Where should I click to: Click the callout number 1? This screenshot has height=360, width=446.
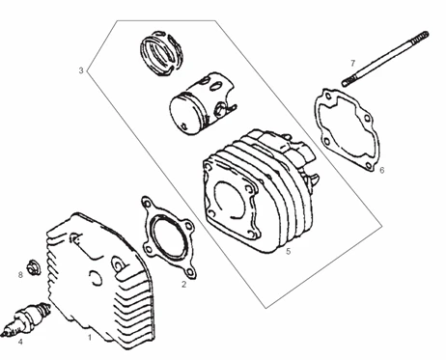click(x=90, y=338)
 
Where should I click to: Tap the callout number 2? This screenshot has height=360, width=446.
click(x=183, y=285)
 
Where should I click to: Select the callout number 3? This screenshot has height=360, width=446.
click(x=81, y=70)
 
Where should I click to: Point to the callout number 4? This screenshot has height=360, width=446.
click(x=20, y=342)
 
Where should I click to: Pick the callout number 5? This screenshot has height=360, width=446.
click(x=288, y=251)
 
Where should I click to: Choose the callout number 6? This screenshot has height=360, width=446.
click(x=382, y=170)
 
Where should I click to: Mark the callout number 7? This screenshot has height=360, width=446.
click(x=352, y=63)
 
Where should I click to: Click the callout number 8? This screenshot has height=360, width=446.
click(x=20, y=275)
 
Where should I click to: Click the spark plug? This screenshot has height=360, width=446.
click(x=25, y=319)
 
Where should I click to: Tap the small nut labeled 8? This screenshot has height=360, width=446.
click(x=34, y=267)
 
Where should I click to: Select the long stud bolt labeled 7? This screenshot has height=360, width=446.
click(x=385, y=59)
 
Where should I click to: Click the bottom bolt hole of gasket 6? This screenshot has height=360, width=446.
click(x=369, y=166)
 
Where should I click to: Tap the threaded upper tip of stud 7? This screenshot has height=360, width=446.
click(x=422, y=35)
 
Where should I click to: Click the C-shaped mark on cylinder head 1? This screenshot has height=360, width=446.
click(x=96, y=278)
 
